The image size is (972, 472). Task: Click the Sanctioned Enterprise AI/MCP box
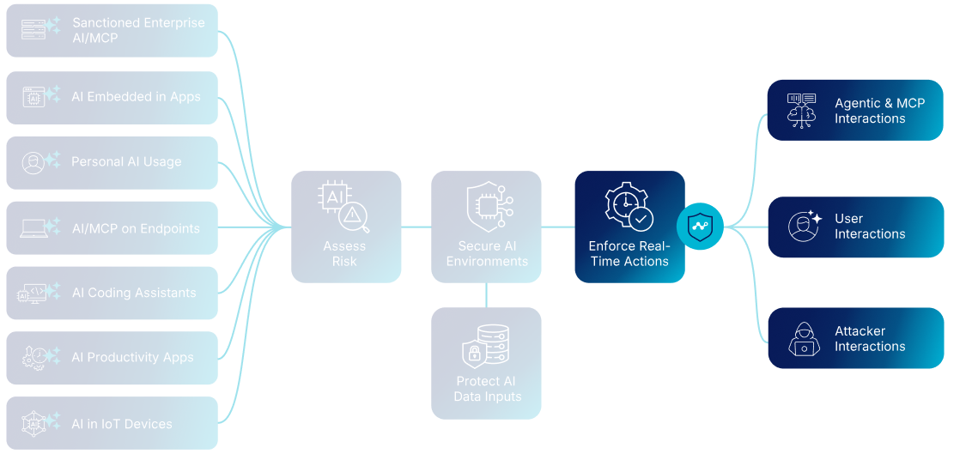point(112,31)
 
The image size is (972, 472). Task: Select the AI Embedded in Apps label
point(136,97)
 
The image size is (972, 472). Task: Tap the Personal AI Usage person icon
point(33,163)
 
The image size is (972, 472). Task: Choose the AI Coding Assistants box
point(112,293)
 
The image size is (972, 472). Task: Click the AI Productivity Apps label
point(132,358)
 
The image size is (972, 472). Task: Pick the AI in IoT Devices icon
point(34,423)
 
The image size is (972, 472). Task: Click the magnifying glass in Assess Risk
point(355,218)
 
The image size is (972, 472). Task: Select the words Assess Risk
point(344,254)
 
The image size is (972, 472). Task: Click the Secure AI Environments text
point(487,254)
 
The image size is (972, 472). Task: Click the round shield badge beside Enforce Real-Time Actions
point(700,227)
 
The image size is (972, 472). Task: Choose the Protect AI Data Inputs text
point(487,389)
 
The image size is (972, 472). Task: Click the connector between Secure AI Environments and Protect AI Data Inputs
point(487,294)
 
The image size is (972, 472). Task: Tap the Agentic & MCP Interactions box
point(855,110)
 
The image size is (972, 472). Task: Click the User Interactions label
point(869,227)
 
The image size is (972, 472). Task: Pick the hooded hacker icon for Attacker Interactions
point(804,338)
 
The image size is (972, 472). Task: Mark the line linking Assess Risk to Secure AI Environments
point(416,227)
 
